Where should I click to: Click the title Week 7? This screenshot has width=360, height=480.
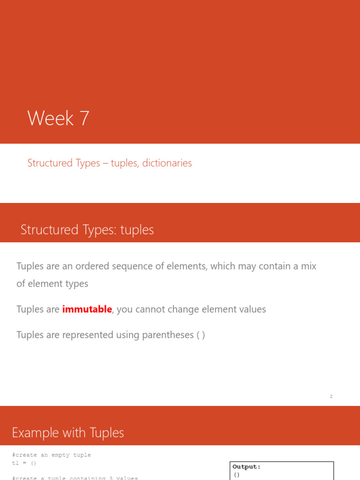pos(58,118)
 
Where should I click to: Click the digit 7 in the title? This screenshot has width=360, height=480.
pos(84,118)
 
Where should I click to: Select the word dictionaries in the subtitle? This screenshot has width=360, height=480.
pos(167,163)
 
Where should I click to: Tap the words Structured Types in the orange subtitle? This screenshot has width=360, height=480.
pos(64,163)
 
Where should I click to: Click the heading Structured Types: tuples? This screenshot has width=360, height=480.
pos(87,230)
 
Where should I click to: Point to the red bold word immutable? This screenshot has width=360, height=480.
pos(87,309)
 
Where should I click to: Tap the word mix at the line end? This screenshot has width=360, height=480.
pos(308,266)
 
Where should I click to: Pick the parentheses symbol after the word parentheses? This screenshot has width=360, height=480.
pos(201,335)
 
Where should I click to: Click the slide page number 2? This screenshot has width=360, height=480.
pos(331,397)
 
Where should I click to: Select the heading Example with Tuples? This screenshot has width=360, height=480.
pos(68,433)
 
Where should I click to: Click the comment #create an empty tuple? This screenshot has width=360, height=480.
pos(52,455)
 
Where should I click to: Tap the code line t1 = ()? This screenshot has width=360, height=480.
pos(24,463)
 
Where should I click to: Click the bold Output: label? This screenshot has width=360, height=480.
pos(247,467)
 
